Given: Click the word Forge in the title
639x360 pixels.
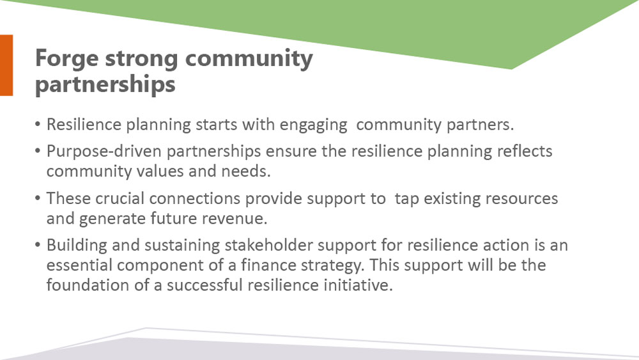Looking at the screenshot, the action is click(67, 59).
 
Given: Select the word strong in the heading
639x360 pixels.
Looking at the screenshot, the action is click(141, 58).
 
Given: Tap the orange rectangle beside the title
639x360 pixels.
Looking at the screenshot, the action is click(6, 65).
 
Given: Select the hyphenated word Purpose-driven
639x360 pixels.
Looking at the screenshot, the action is click(104, 152).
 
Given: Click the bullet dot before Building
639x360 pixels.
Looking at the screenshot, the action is click(38, 246).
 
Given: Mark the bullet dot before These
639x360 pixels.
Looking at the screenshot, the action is click(38, 199).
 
